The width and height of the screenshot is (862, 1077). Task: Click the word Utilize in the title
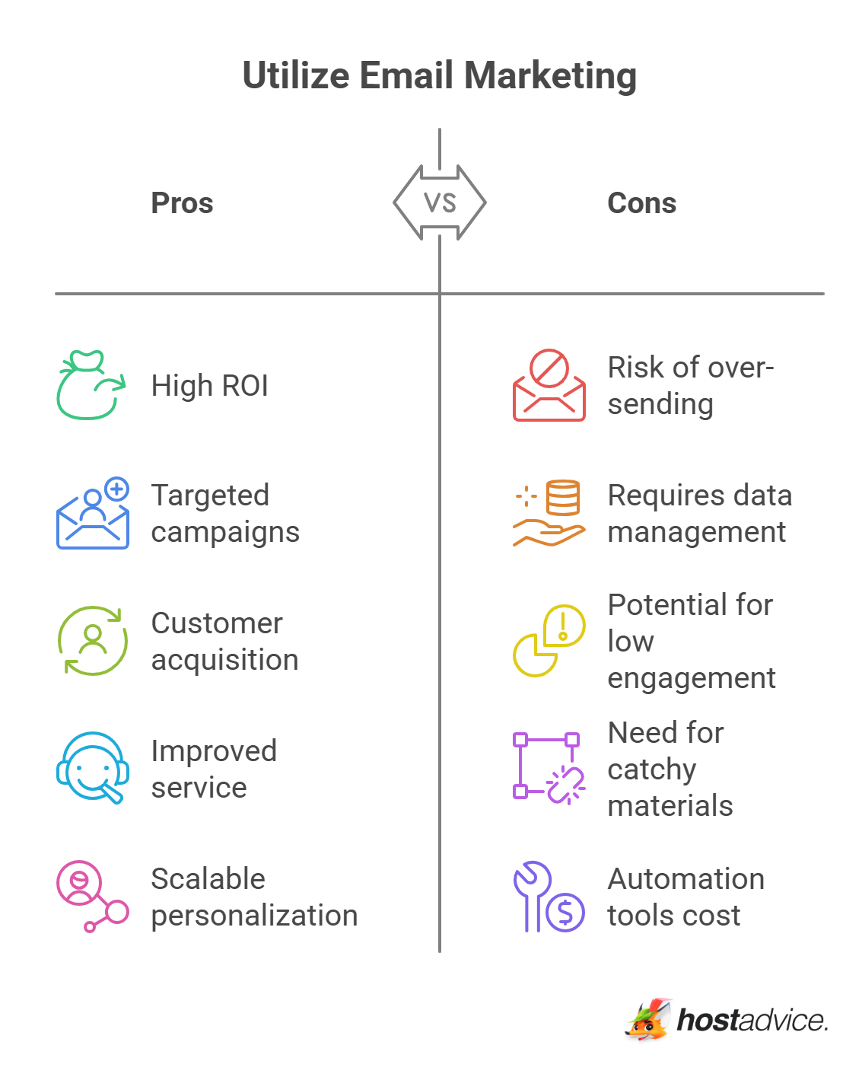coord(296,75)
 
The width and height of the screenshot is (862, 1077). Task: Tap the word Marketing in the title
coord(550,77)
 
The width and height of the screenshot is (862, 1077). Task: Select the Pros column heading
coord(182,202)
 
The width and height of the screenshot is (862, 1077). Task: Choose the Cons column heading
coord(641,202)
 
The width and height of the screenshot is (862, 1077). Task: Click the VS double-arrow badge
coord(439,202)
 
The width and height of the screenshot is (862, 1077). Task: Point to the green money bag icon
coord(91,384)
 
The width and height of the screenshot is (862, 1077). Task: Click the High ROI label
coord(210,385)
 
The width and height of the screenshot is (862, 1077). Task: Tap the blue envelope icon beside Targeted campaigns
coord(93,512)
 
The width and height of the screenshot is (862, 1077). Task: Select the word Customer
coord(217,623)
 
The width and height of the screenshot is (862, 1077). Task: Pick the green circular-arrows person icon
coord(93,640)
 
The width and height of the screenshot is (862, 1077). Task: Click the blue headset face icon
coord(93,767)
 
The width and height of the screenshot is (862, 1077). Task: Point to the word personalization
coord(254,916)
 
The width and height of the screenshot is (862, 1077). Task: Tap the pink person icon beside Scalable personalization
coord(93,896)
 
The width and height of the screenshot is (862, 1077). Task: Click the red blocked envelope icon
coord(549,384)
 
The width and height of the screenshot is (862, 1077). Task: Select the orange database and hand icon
coord(549,512)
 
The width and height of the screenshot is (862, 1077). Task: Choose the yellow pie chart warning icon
coord(549,640)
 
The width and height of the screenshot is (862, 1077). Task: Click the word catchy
coord(651,770)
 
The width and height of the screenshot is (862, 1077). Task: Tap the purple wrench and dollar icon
coord(549,896)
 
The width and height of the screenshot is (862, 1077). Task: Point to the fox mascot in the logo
coord(648,1019)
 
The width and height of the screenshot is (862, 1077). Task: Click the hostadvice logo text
coord(752,1019)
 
